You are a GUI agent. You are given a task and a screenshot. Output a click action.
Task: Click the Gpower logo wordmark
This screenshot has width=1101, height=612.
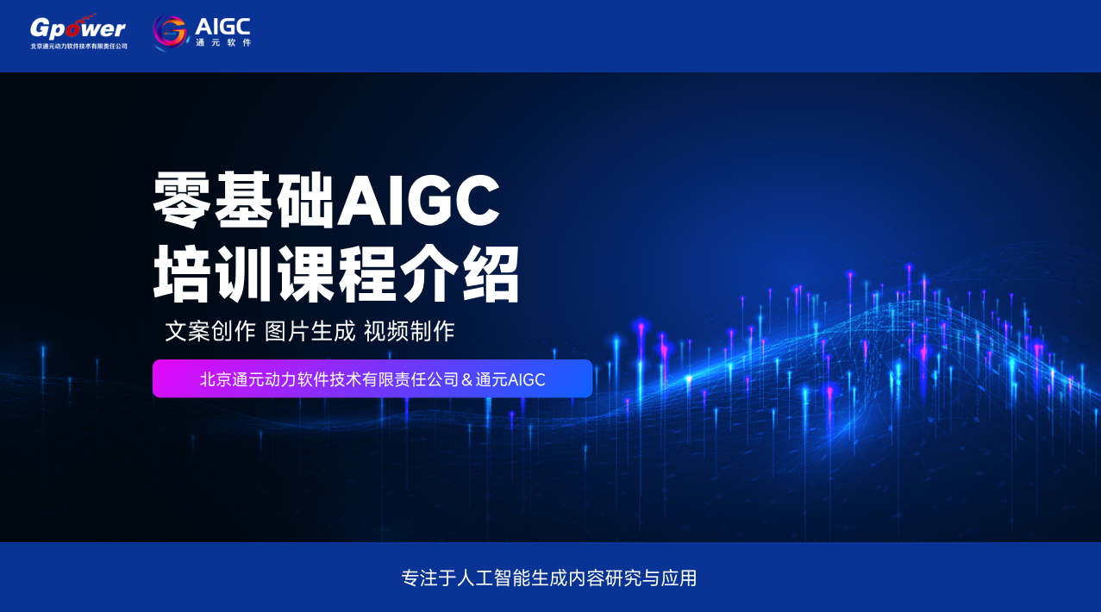click(x=78, y=28)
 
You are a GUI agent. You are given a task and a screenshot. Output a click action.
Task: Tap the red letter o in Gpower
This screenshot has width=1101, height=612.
click(x=73, y=29)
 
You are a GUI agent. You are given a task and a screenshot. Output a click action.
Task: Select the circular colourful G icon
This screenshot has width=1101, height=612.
click(x=170, y=32)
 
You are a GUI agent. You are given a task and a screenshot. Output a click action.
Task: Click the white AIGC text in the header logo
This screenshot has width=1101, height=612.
click(x=222, y=27)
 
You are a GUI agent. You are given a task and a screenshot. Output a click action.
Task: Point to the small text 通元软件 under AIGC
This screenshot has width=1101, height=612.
click(x=223, y=43)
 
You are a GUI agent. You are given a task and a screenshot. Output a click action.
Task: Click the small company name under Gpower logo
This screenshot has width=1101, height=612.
click(x=78, y=47)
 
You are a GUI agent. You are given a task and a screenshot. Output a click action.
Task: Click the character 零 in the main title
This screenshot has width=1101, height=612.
click(x=183, y=200)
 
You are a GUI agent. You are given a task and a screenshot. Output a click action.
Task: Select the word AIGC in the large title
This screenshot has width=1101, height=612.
click(x=418, y=201)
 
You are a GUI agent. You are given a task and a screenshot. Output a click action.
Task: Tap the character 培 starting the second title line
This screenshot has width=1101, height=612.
click(x=183, y=273)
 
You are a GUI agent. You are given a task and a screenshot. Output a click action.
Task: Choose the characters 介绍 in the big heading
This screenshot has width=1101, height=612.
click(x=460, y=273)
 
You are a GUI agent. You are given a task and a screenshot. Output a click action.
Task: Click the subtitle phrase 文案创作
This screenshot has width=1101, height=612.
click(x=210, y=331)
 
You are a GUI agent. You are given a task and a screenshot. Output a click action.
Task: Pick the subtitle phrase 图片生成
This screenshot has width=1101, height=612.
click(x=310, y=331)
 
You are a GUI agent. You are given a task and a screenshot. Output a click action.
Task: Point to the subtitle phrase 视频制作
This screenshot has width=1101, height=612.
click(x=410, y=331)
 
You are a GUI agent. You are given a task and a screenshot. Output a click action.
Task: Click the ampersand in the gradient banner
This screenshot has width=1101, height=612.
click(x=467, y=379)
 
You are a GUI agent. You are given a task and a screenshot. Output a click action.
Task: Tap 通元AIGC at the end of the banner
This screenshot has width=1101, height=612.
click(x=510, y=379)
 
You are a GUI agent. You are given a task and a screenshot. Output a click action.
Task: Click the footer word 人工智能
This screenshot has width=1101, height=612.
click(x=493, y=578)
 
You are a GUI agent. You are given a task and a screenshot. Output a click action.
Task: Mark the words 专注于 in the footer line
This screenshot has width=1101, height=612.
click(x=429, y=578)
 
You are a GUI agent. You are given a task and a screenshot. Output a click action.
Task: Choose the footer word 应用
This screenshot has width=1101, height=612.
click(x=679, y=578)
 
